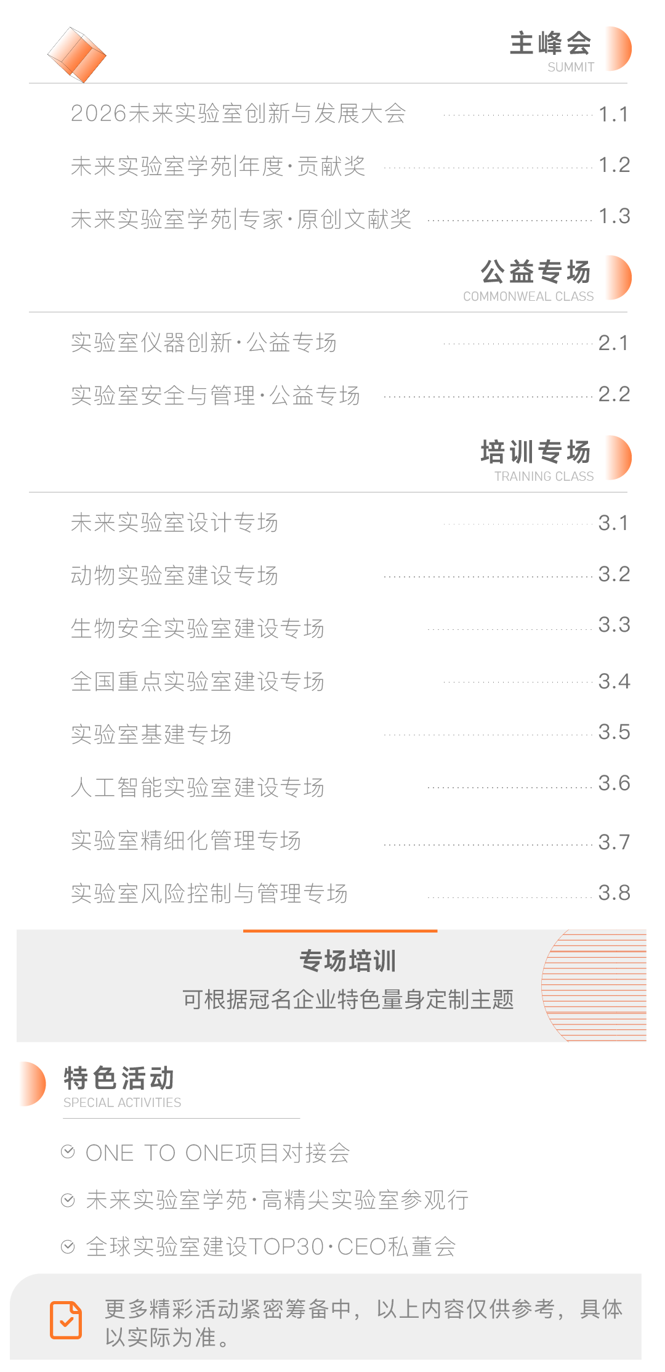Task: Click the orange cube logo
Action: click(77, 55)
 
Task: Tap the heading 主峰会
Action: click(550, 43)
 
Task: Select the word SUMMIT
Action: click(571, 67)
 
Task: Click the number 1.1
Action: click(613, 114)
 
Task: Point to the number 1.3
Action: click(614, 216)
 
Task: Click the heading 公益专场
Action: click(536, 272)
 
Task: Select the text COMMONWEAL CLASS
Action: click(528, 296)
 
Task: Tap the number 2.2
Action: click(614, 394)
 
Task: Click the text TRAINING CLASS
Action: click(544, 476)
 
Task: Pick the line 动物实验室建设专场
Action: click(174, 576)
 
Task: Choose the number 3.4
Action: click(614, 682)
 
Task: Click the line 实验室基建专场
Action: click(151, 735)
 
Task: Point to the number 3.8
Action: click(614, 893)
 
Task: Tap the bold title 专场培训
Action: click(348, 961)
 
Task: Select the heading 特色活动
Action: click(119, 1079)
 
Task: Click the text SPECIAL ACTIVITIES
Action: click(122, 1103)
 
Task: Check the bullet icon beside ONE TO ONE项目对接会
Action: click(68, 1152)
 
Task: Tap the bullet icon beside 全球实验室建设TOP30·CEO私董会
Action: click(68, 1247)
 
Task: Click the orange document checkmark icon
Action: click(66, 1320)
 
